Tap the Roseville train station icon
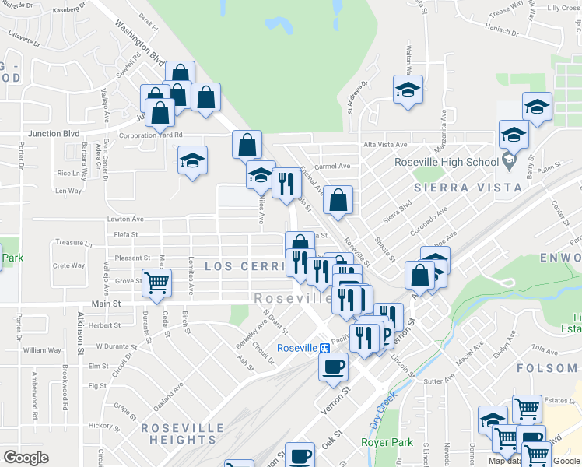[x=323, y=348]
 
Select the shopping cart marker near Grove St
[x=156, y=283]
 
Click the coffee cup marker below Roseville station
[x=333, y=367]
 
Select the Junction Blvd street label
[x=54, y=134]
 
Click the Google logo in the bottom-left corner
[x=26, y=457]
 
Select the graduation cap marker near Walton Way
[x=408, y=90]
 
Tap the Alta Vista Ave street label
[x=384, y=145]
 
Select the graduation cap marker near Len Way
[x=192, y=161]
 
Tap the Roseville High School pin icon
[x=509, y=162]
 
